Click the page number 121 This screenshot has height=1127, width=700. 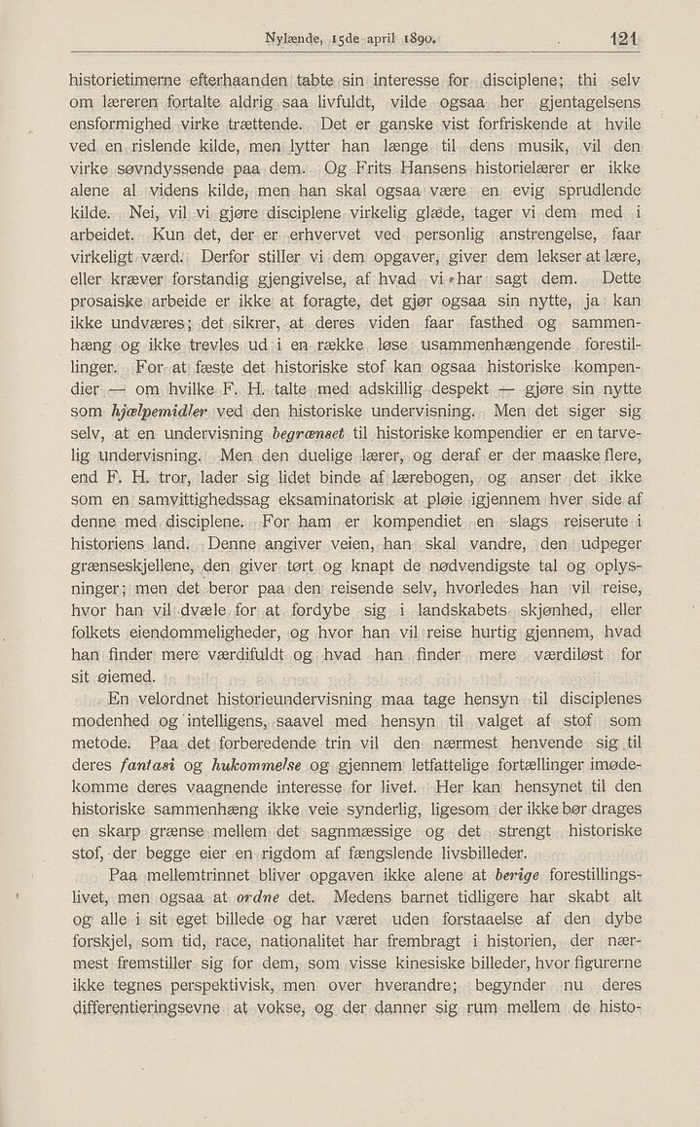coord(618,41)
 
